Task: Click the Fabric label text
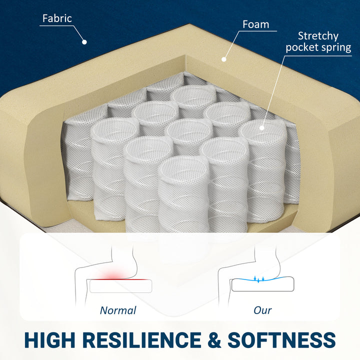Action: tap(57, 18)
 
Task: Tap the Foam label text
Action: tap(256, 24)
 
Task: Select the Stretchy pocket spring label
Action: tap(318, 42)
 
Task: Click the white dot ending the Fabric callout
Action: tap(84, 42)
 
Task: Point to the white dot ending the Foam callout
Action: tap(224, 59)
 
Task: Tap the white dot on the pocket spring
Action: tap(261, 128)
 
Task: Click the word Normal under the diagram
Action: tap(118, 310)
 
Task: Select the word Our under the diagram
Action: tap(262, 310)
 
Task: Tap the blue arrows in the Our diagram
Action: tap(259, 279)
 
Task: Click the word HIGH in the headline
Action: tap(50, 340)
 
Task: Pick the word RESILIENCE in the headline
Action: tap(141, 340)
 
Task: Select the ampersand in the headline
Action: tap(214, 340)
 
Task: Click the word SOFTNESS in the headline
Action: tap(281, 340)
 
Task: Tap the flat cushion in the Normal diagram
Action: tap(121, 286)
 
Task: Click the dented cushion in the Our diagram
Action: tap(262, 284)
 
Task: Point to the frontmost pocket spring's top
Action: tap(183, 167)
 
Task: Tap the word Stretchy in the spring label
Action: tap(318, 36)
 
